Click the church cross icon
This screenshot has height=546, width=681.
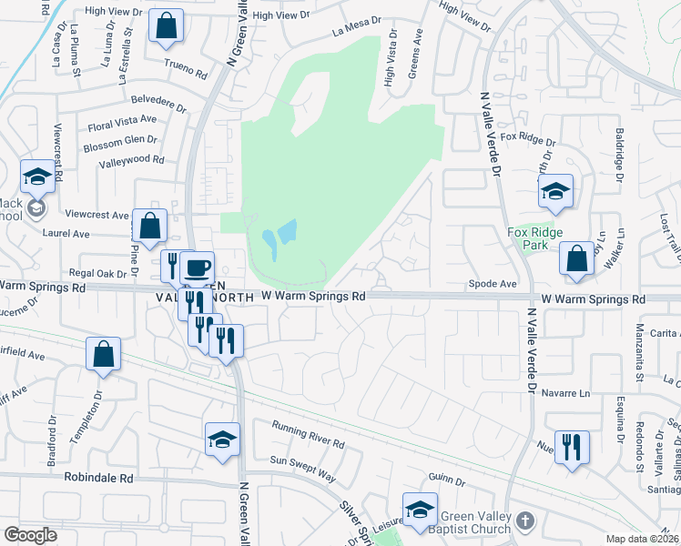click(524, 521)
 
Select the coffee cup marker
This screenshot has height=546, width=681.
click(197, 268)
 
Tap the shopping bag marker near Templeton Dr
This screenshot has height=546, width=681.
click(104, 354)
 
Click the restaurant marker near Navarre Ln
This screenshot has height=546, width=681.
click(572, 447)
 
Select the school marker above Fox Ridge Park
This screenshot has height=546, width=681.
click(555, 190)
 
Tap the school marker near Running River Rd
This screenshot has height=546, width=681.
click(222, 440)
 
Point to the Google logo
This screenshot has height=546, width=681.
click(31, 534)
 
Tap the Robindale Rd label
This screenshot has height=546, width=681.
click(98, 477)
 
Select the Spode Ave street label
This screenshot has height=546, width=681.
click(493, 284)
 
